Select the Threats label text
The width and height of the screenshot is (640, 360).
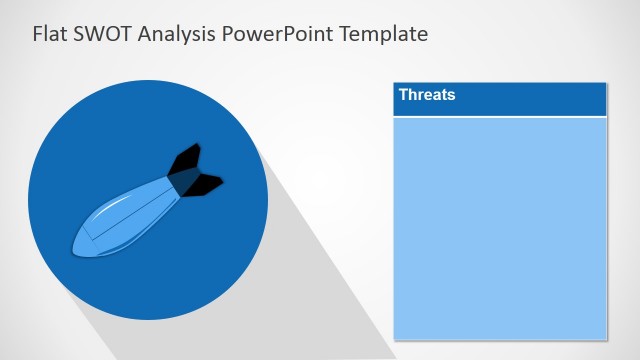[427, 95]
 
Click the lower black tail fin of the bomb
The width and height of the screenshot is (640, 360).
[206, 184]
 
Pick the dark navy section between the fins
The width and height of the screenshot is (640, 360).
[183, 180]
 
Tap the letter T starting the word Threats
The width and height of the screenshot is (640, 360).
[404, 95]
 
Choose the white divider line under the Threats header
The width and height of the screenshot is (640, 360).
[500, 117]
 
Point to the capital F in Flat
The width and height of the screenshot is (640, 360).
[37, 34]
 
